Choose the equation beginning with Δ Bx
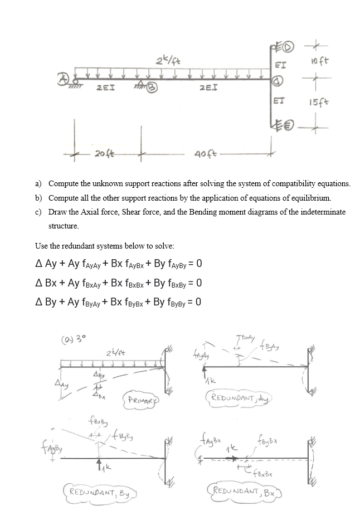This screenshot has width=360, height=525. click(x=118, y=283)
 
